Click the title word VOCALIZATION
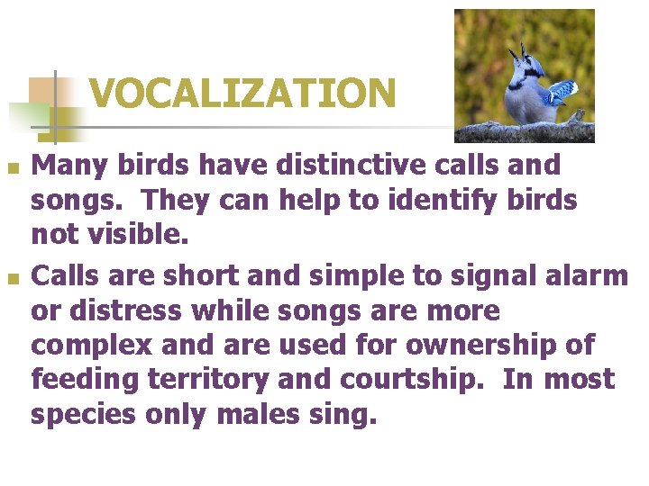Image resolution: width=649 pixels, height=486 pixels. point(242,93)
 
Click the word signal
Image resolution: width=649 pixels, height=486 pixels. point(476,276)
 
